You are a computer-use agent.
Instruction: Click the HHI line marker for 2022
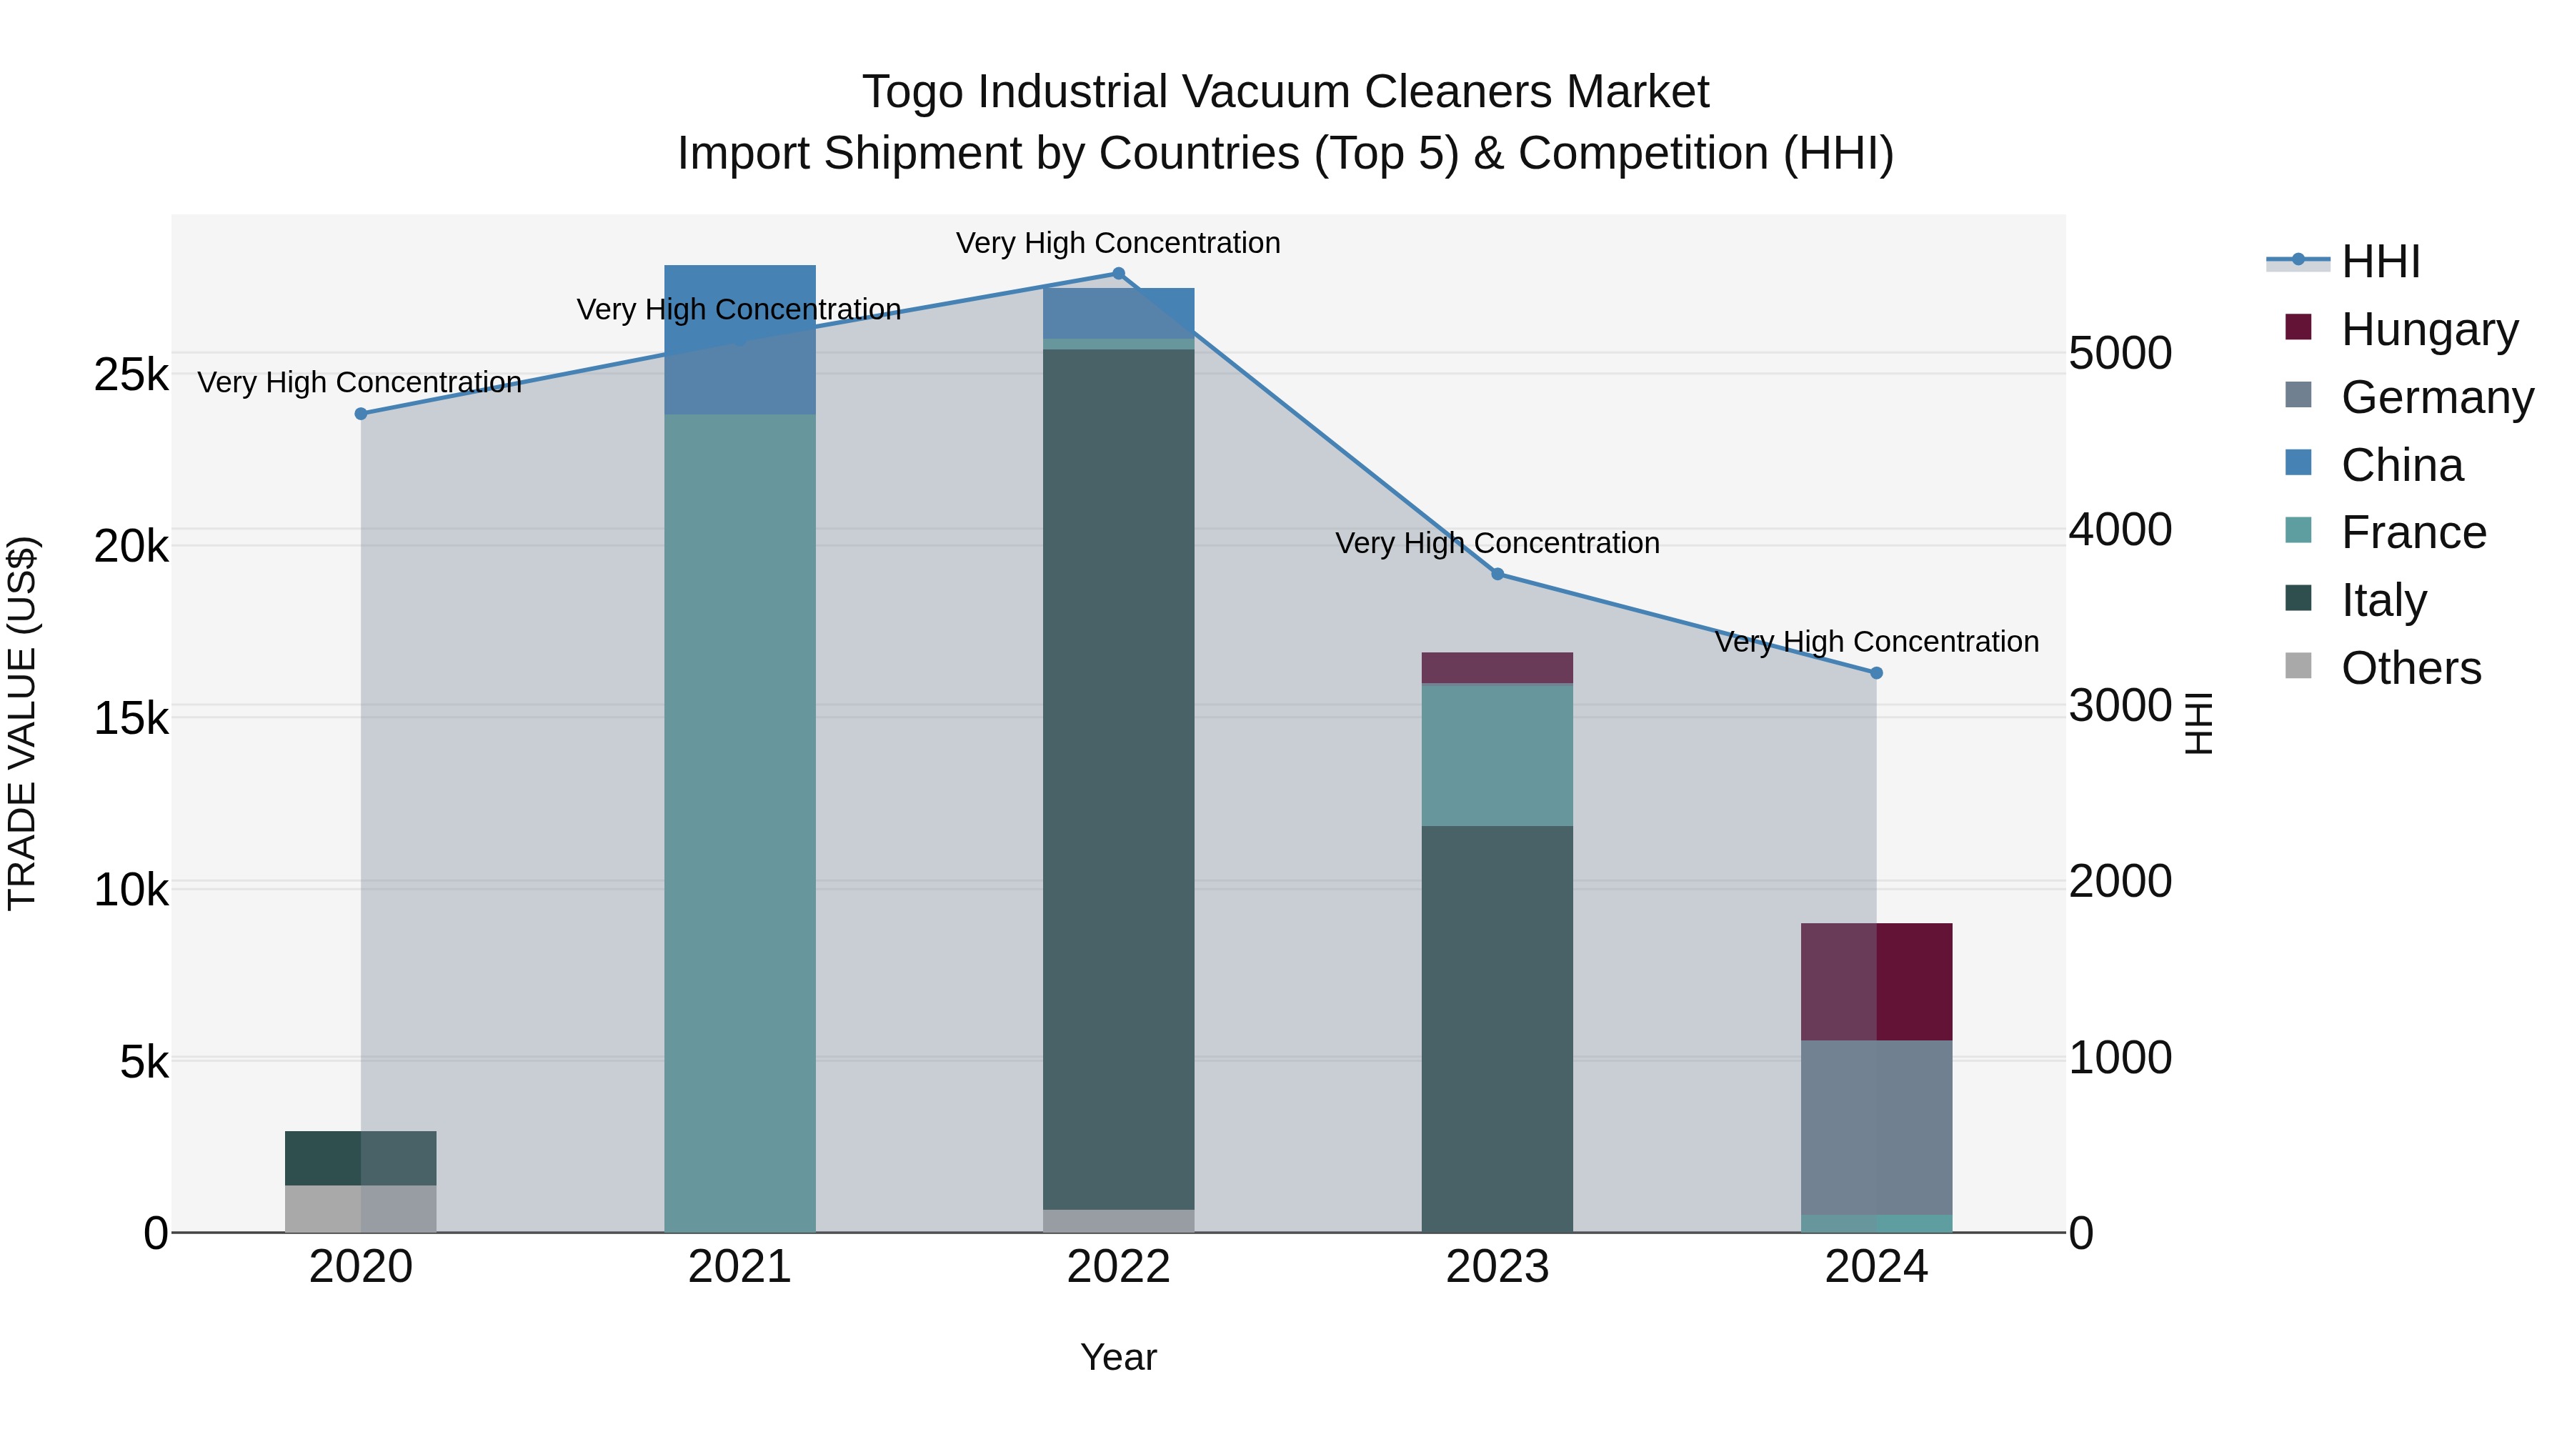click(1118, 274)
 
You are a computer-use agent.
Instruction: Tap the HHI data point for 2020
click(362, 414)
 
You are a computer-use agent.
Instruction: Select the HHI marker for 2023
click(1497, 575)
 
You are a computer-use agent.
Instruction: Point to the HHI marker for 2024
click(1876, 673)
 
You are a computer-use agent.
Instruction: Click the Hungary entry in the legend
click(2428, 329)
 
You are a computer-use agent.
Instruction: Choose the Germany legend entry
click(2436, 397)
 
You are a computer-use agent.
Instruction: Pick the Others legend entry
click(2411, 667)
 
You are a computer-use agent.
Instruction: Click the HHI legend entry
click(2381, 262)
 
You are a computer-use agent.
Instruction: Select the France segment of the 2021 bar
click(740, 819)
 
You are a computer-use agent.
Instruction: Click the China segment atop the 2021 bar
click(740, 339)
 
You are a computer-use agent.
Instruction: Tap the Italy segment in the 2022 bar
click(1118, 779)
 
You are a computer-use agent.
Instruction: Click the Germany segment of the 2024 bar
click(1876, 1126)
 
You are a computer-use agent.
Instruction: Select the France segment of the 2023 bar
click(1497, 755)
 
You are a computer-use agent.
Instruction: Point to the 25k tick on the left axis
click(131, 375)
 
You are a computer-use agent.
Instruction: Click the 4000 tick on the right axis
click(2119, 529)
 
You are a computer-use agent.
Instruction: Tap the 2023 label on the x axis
click(1497, 1267)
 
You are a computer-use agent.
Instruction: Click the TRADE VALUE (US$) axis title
click(23, 723)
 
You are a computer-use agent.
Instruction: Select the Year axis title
click(1118, 1357)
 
